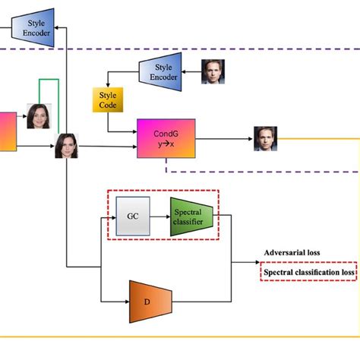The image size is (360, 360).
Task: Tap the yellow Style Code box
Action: point(108,100)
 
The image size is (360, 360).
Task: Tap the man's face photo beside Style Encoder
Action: point(213,71)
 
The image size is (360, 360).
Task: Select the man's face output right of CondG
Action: point(265,139)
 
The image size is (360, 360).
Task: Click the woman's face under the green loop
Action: point(39,116)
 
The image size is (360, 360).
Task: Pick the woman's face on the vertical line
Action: point(67,145)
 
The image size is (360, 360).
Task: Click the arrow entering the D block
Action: point(114,300)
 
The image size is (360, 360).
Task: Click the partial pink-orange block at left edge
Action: point(6,131)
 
